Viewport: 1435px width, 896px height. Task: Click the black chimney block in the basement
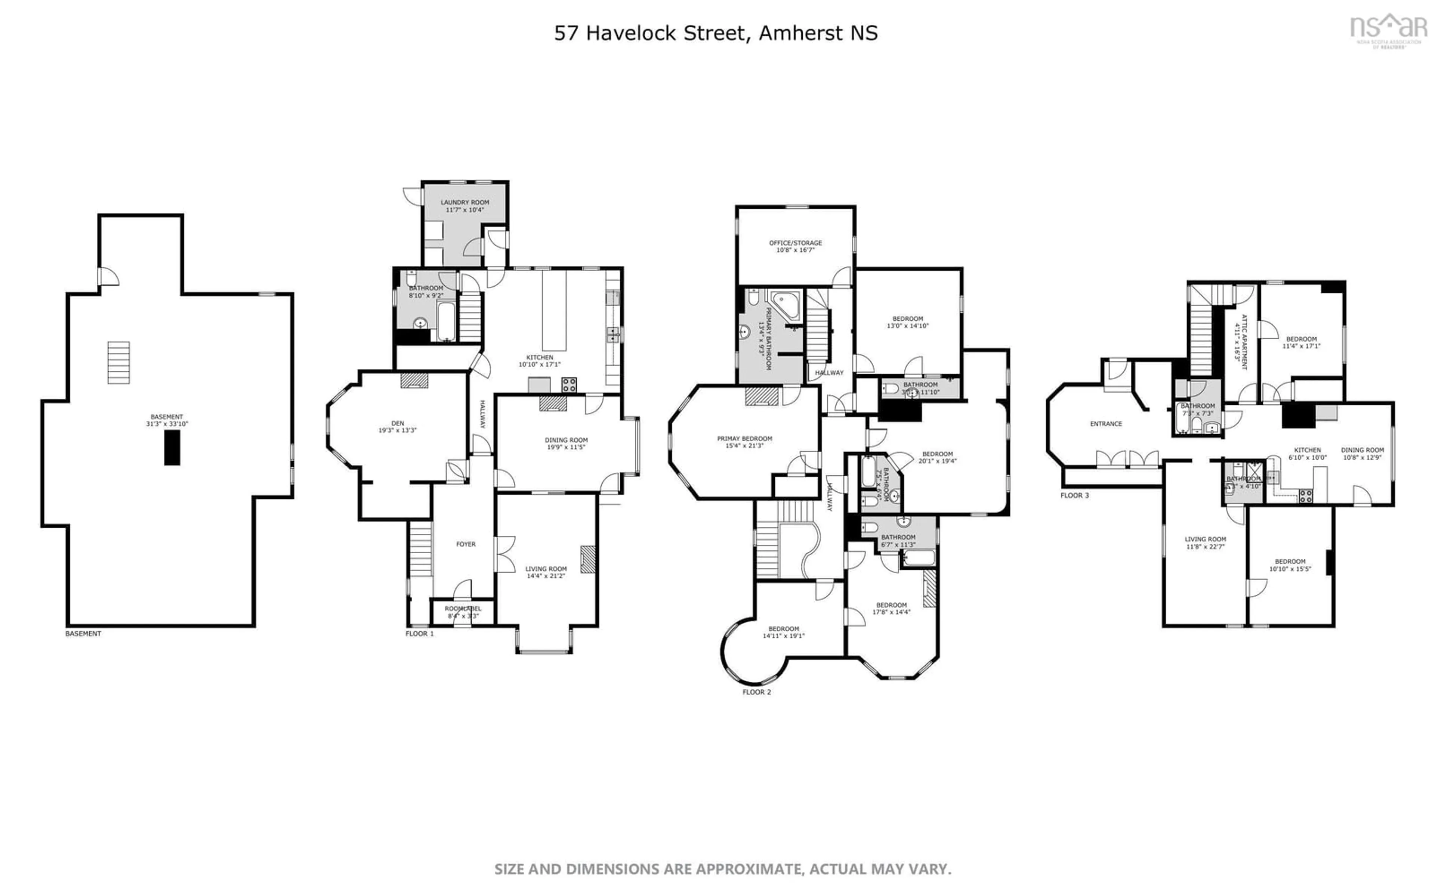pos(172,447)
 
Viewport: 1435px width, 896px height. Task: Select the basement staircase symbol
pos(118,362)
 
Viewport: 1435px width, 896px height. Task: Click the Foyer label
pos(466,544)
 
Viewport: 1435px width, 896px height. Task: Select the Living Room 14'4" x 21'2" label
pos(546,572)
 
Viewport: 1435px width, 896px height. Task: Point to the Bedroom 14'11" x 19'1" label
pos(783,632)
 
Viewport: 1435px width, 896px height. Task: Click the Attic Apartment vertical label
pos(1241,342)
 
